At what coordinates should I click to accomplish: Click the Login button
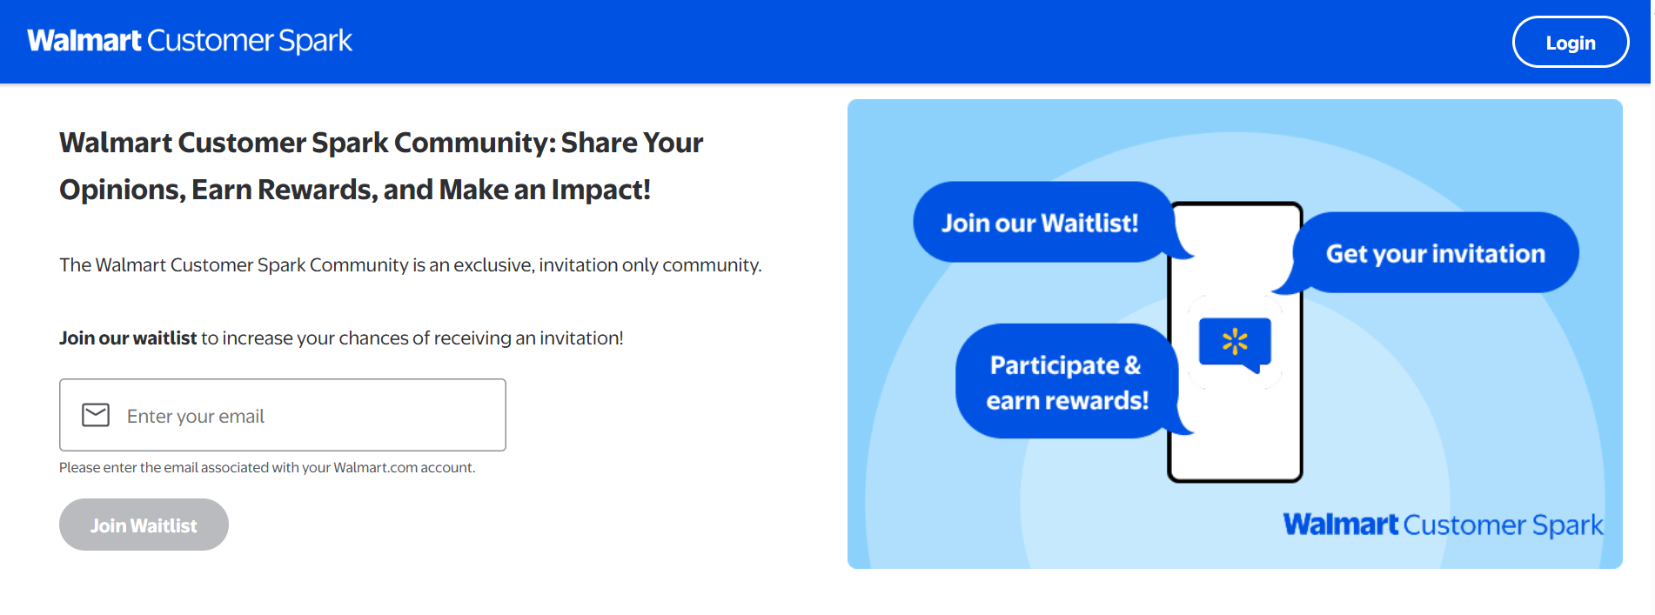coord(1570,43)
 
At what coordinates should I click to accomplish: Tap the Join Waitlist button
coord(144,525)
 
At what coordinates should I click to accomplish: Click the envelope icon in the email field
coord(96,415)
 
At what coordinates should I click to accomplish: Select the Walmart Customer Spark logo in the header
coord(190,41)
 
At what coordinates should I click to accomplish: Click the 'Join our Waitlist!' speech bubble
coord(1040,223)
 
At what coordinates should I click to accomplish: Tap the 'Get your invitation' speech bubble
coord(1435,253)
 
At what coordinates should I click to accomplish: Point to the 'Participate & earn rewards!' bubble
coord(1067,382)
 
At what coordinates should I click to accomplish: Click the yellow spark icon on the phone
coord(1234,341)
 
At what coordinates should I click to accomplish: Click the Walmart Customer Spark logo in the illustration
coord(1442,525)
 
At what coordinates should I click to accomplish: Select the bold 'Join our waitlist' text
coord(128,338)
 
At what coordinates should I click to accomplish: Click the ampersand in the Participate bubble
coord(1132,365)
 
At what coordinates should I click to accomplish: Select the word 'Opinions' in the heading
coord(121,190)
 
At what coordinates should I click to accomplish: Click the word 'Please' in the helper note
coord(79,468)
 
